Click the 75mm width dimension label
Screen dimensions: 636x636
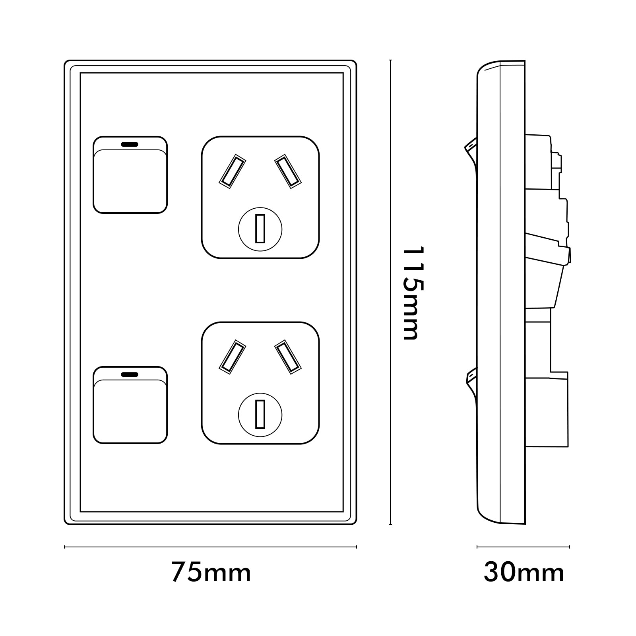[x=211, y=573]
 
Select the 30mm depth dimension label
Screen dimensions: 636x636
[x=524, y=573]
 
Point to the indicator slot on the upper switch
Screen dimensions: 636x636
[x=130, y=143]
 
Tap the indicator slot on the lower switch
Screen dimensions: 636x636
[x=130, y=374]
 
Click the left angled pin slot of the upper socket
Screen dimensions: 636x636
[x=233, y=171]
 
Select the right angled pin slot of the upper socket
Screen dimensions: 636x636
[x=288, y=171]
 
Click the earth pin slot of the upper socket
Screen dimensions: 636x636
[x=260, y=229]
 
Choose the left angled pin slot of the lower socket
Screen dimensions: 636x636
[x=233, y=357]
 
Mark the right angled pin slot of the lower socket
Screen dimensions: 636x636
[x=288, y=357]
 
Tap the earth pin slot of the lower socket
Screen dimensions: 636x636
[x=260, y=414]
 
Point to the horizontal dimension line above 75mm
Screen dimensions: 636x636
[x=211, y=547]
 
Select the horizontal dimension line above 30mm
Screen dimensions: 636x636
[x=523, y=547]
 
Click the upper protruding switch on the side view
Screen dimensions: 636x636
[x=471, y=151]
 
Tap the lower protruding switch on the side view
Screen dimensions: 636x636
[x=471, y=382]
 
